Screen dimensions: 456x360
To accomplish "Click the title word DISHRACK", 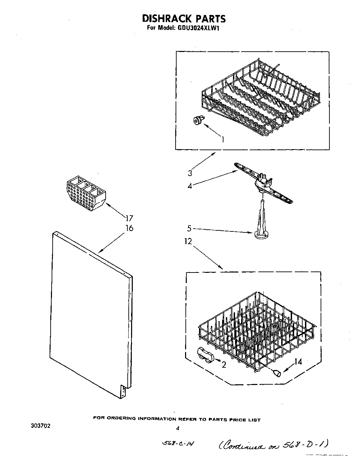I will pyautogui.click(x=161, y=18).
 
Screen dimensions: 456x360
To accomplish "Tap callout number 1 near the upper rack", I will pyautogui.click(x=222, y=139).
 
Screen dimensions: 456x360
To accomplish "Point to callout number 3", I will pyautogui.click(x=190, y=173).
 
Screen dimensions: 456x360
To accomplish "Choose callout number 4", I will pyautogui.click(x=190, y=186).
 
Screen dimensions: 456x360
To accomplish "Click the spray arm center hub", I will pyautogui.click(x=262, y=183).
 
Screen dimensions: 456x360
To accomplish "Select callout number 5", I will pyautogui.click(x=190, y=228).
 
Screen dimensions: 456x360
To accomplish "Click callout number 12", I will pyautogui.click(x=188, y=242).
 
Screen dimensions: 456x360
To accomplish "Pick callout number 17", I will pyautogui.click(x=129, y=218).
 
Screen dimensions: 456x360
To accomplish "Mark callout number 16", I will pyautogui.click(x=129, y=228).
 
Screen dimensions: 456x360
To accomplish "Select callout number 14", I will pyautogui.click(x=298, y=362).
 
